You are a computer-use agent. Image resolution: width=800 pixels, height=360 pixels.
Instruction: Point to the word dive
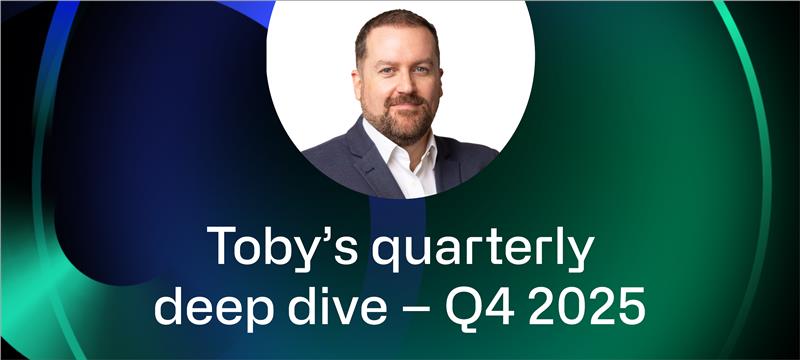coord(343,306)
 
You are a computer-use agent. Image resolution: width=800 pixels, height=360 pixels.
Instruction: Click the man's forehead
coord(400,44)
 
